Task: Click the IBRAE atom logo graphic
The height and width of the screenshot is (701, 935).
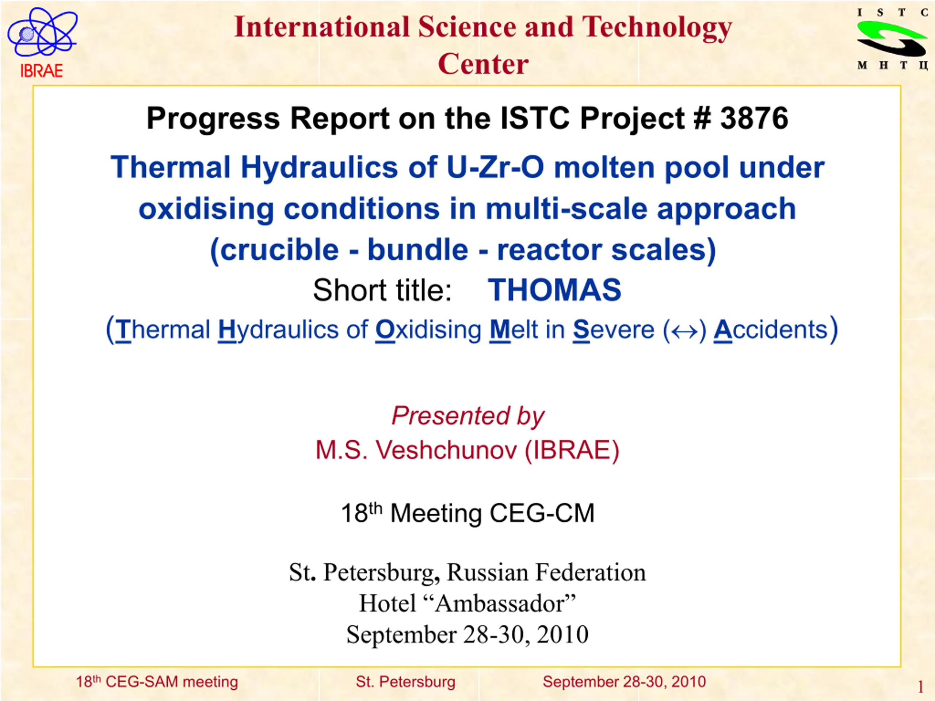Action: (x=42, y=32)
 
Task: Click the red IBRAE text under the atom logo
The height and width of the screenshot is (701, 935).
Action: (x=41, y=70)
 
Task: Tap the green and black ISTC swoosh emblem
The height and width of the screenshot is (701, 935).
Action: (x=892, y=39)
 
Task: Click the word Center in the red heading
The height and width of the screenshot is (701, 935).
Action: (x=483, y=64)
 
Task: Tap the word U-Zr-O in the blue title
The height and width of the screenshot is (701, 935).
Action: (x=495, y=167)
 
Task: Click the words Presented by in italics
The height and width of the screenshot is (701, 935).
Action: (x=468, y=416)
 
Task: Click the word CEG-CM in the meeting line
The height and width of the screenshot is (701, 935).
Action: (x=542, y=513)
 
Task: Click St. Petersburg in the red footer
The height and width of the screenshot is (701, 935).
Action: (x=405, y=682)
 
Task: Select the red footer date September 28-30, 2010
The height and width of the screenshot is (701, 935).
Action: (x=624, y=682)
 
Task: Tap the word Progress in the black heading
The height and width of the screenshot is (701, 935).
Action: (x=213, y=119)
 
